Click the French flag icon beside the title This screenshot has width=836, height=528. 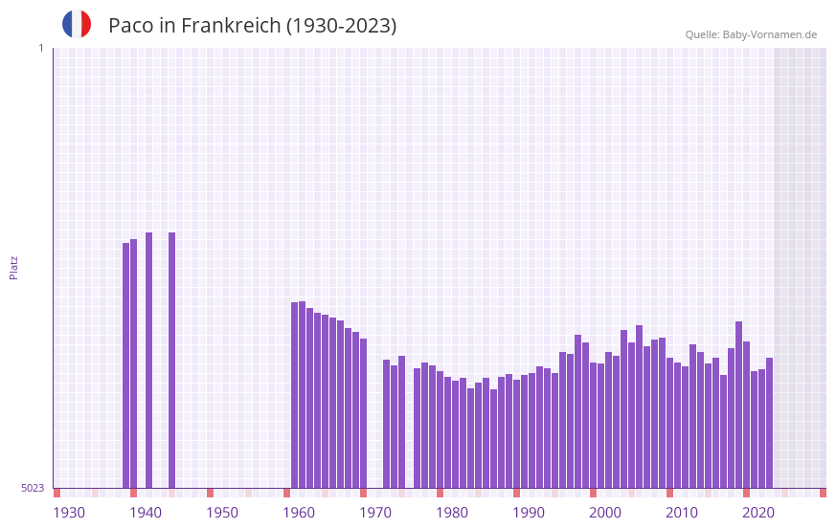coord(77,25)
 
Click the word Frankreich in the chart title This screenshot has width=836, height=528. coord(230,26)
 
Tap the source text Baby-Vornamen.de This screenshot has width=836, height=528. coord(769,34)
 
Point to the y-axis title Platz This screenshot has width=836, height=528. coord(13,267)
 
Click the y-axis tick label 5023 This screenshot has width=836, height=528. coord(33,488)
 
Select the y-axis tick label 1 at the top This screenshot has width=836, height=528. coord(40,48)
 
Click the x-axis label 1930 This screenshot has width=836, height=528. coord(69,513)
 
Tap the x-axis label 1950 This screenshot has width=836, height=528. coord(222,513)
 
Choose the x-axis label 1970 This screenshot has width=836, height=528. coord(375,513)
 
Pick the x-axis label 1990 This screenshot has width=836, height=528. coord(529,513)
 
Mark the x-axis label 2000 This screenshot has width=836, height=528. coord(605,513)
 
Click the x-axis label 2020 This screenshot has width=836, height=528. coord(758,513)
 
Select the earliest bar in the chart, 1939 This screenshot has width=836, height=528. coord(125,363)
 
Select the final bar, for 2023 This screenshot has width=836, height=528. coord(769,422)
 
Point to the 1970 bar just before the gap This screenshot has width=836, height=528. coord(363,412)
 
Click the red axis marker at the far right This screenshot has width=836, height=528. coord(823,493)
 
